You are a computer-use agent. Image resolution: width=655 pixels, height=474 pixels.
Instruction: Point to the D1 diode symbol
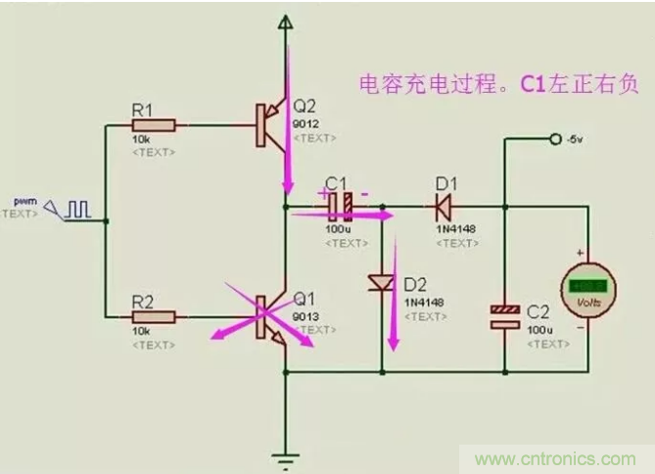tap(441, 207)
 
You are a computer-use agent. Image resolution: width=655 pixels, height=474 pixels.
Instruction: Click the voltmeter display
tap(588, 285)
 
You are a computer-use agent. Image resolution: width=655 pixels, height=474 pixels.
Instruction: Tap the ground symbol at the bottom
tap(285, 455)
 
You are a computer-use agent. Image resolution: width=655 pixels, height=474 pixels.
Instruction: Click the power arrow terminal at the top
tap(285, 22)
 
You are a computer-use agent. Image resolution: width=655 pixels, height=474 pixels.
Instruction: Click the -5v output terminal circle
tap(554, 139)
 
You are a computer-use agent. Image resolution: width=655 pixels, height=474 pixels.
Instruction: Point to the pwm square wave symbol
tap(76, 208)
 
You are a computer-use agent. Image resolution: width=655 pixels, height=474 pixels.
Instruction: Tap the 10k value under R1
tap(140, 141)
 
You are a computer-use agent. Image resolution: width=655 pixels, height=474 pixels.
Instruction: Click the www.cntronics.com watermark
tap(554, 458)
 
